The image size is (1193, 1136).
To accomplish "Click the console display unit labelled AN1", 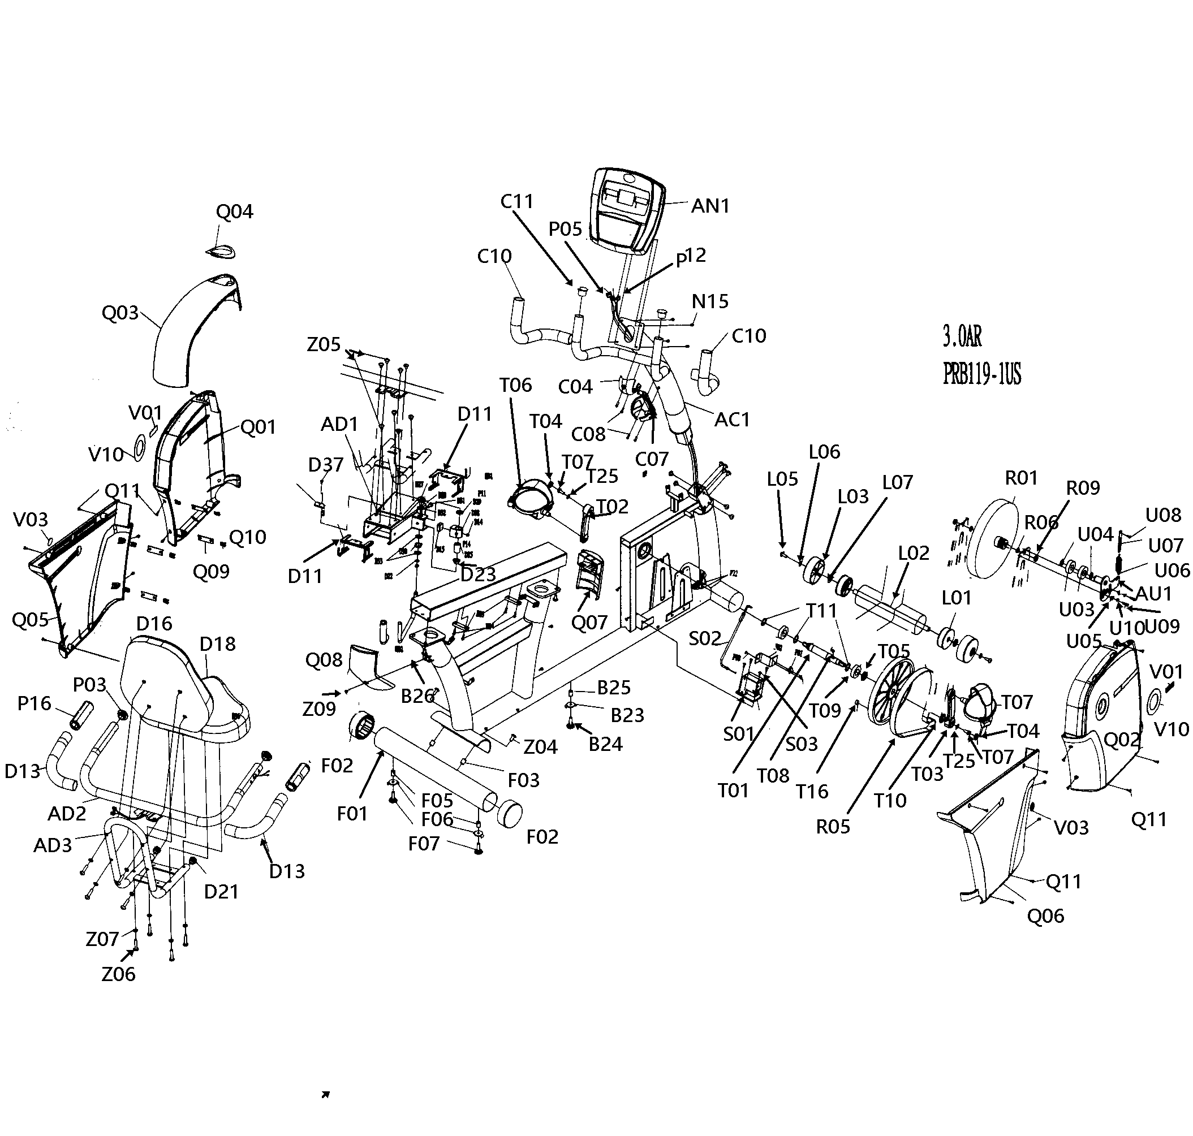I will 627,209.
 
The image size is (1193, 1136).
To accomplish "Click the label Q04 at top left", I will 235,211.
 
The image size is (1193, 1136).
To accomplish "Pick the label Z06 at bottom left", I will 119,974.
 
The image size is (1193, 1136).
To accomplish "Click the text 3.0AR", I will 962,335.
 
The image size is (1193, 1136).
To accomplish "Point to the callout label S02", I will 705,638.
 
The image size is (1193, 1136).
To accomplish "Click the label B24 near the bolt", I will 605,744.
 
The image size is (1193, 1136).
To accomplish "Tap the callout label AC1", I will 732,419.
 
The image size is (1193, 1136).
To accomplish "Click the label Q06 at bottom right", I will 1045,916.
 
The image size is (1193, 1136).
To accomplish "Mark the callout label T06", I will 516,385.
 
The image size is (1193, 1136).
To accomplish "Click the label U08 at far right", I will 1162,515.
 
